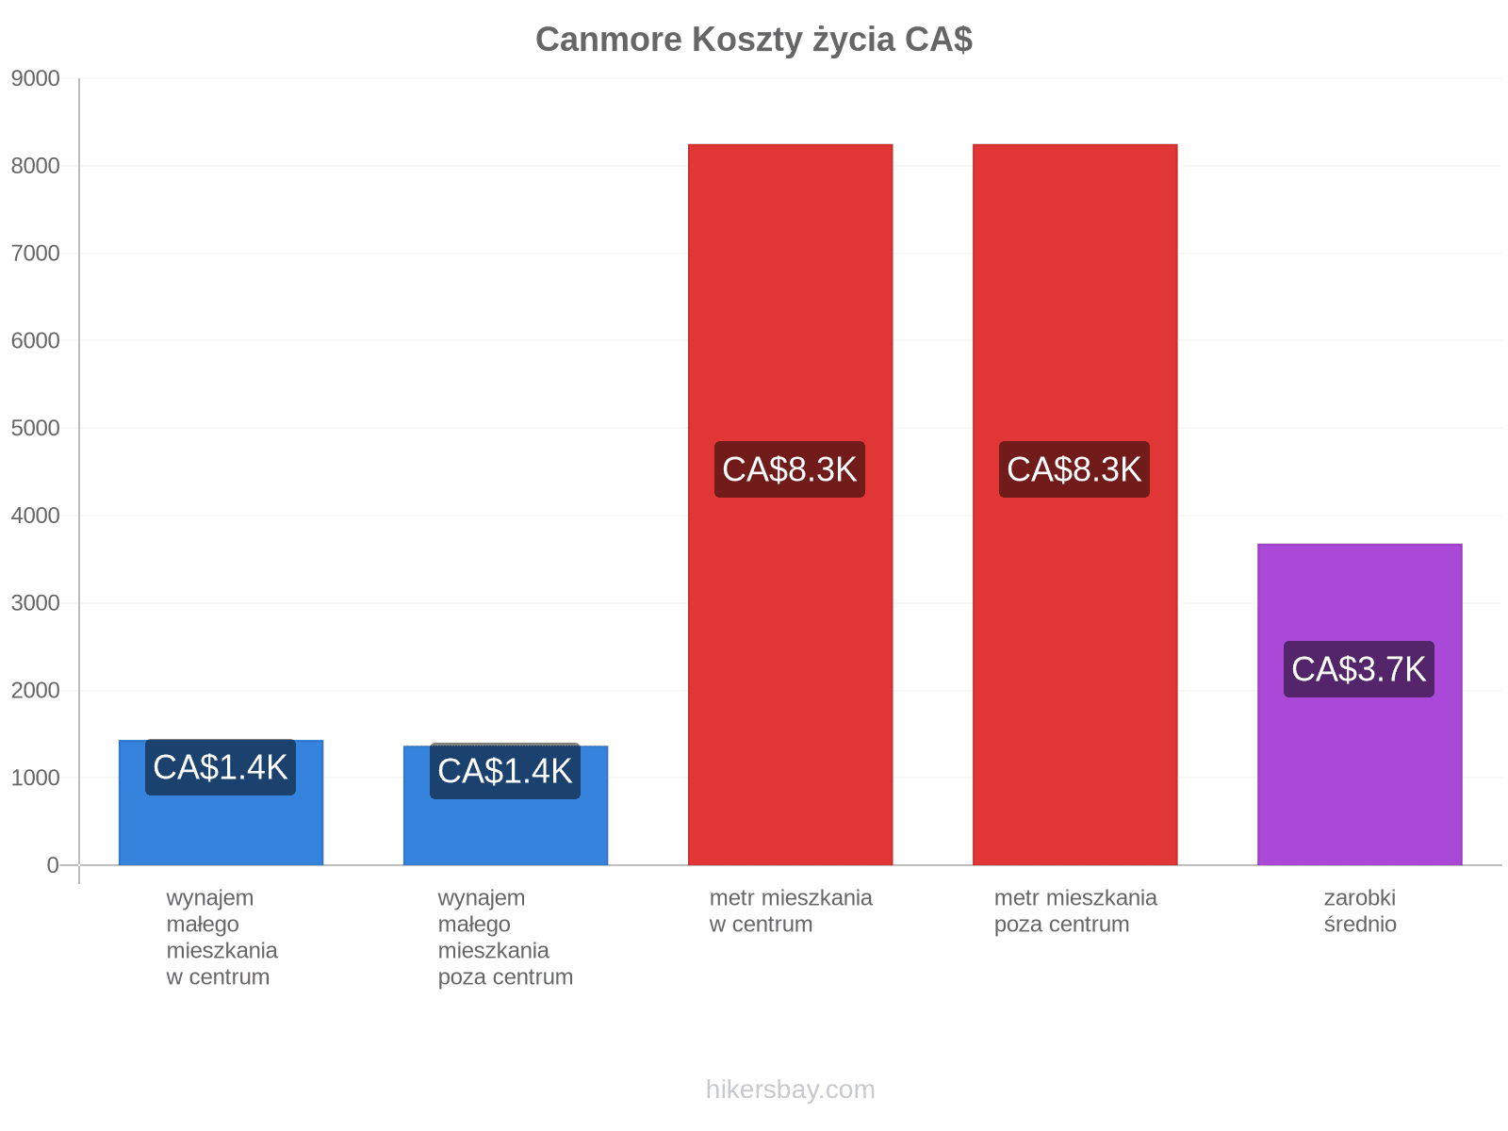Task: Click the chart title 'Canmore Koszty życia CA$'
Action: [x=754, y=40]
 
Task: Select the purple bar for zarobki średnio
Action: [x=1359, y=704]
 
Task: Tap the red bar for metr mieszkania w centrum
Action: [x=790, y=505]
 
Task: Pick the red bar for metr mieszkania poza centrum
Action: [x=1074, y=505]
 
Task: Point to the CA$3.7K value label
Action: [x=1358, y=669]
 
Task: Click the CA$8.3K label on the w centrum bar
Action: [x=790, y=469]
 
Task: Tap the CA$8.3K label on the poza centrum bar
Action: [x=1074, y=469]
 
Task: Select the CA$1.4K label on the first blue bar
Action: [x=220, y=767]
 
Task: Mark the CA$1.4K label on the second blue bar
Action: [x=505, y=770]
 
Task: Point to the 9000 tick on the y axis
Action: [x=35, y=78]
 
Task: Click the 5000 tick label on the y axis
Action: [x=35, y=428]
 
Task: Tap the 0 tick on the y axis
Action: [x=52, y=865]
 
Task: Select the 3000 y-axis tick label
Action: [x=35, y=603]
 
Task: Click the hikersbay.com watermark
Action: [x=790, y=1090]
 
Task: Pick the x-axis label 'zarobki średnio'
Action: [x=1360, y=910]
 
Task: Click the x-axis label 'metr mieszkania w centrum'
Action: [x=790, y=910]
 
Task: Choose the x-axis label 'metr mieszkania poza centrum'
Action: [x=1075, y=910]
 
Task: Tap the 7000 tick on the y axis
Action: [x=35, y=254]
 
